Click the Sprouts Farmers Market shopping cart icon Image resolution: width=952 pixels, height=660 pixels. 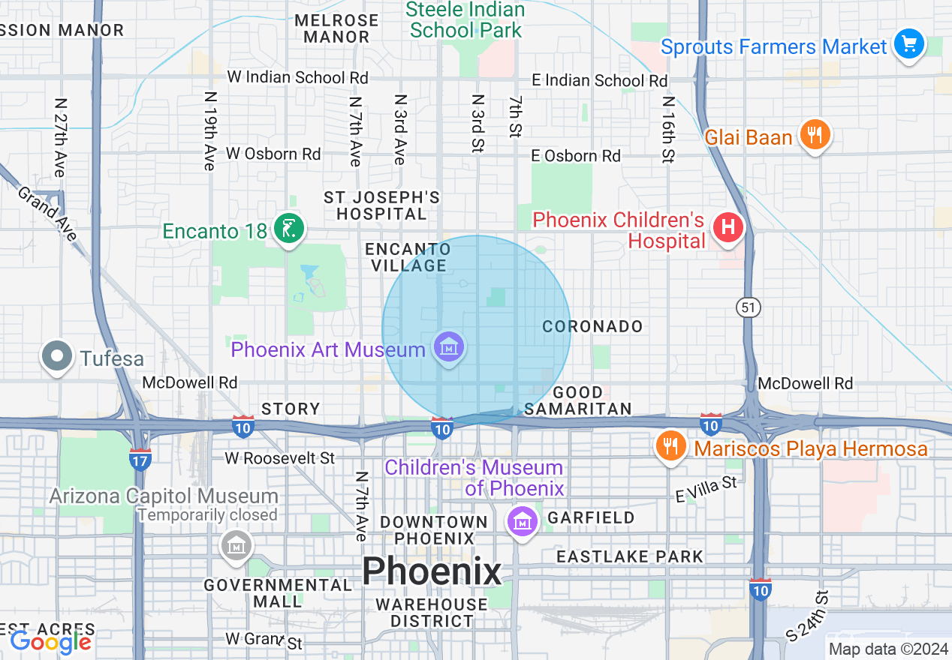(x=909, y=44)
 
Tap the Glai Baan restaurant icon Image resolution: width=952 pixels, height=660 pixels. (x=814, y=136)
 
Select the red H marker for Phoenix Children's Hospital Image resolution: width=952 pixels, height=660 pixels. (x=727, y=226)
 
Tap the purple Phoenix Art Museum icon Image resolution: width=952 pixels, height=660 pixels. (x=449, y=347)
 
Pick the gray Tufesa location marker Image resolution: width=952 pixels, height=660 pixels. (x=57, y=357)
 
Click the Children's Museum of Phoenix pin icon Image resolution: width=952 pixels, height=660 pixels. (x=522, y=520)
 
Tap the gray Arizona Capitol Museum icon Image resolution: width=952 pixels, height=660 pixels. (x=237, y=545)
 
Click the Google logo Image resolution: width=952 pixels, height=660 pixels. (x=50, y=641)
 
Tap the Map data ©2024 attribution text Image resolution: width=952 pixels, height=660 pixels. (x=887, y=649)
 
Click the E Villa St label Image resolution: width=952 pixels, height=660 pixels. (x=706, y=489)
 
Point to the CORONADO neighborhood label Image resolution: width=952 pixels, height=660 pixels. (x=592, y=326)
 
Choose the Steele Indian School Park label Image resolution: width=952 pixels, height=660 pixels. (x=465, y=20)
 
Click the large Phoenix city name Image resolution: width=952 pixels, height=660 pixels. (x=432, y=572)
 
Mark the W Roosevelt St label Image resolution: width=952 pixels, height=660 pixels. (x=279, y=457)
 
